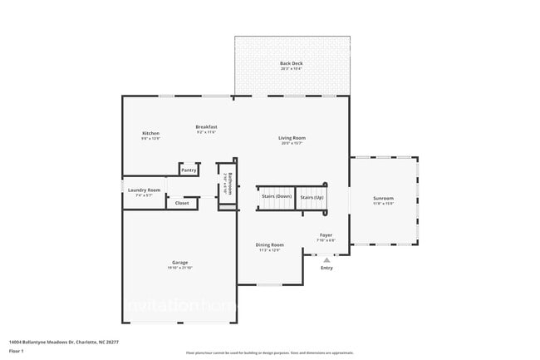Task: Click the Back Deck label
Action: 291,63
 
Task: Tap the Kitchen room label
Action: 150,133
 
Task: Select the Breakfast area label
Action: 207,126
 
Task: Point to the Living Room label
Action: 292,137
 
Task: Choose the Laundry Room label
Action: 144,190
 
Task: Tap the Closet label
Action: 182,203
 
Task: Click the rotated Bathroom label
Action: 230,181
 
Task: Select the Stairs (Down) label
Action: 276,197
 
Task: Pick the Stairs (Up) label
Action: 312,197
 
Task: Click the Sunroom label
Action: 383,198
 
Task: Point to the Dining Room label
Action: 270,244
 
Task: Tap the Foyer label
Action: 326,235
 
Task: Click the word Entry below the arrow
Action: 326,268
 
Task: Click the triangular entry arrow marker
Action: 326,259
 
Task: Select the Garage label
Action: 180,263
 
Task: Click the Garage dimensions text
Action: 180,268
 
